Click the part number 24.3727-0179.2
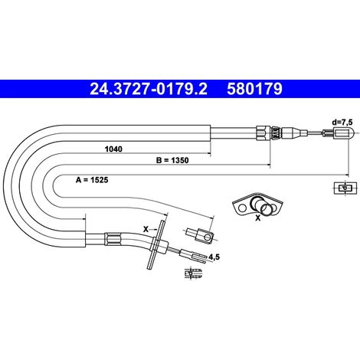[149, 89]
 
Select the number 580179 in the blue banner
[254, 89]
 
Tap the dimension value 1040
[113, 149]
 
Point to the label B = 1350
[172, 160]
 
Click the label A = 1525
[92, 180]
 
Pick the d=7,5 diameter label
[342, 123]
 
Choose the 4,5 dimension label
[214, 257]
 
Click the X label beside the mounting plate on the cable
[146, 229]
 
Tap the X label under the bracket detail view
[258, 218]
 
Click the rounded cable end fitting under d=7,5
[338, 133]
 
